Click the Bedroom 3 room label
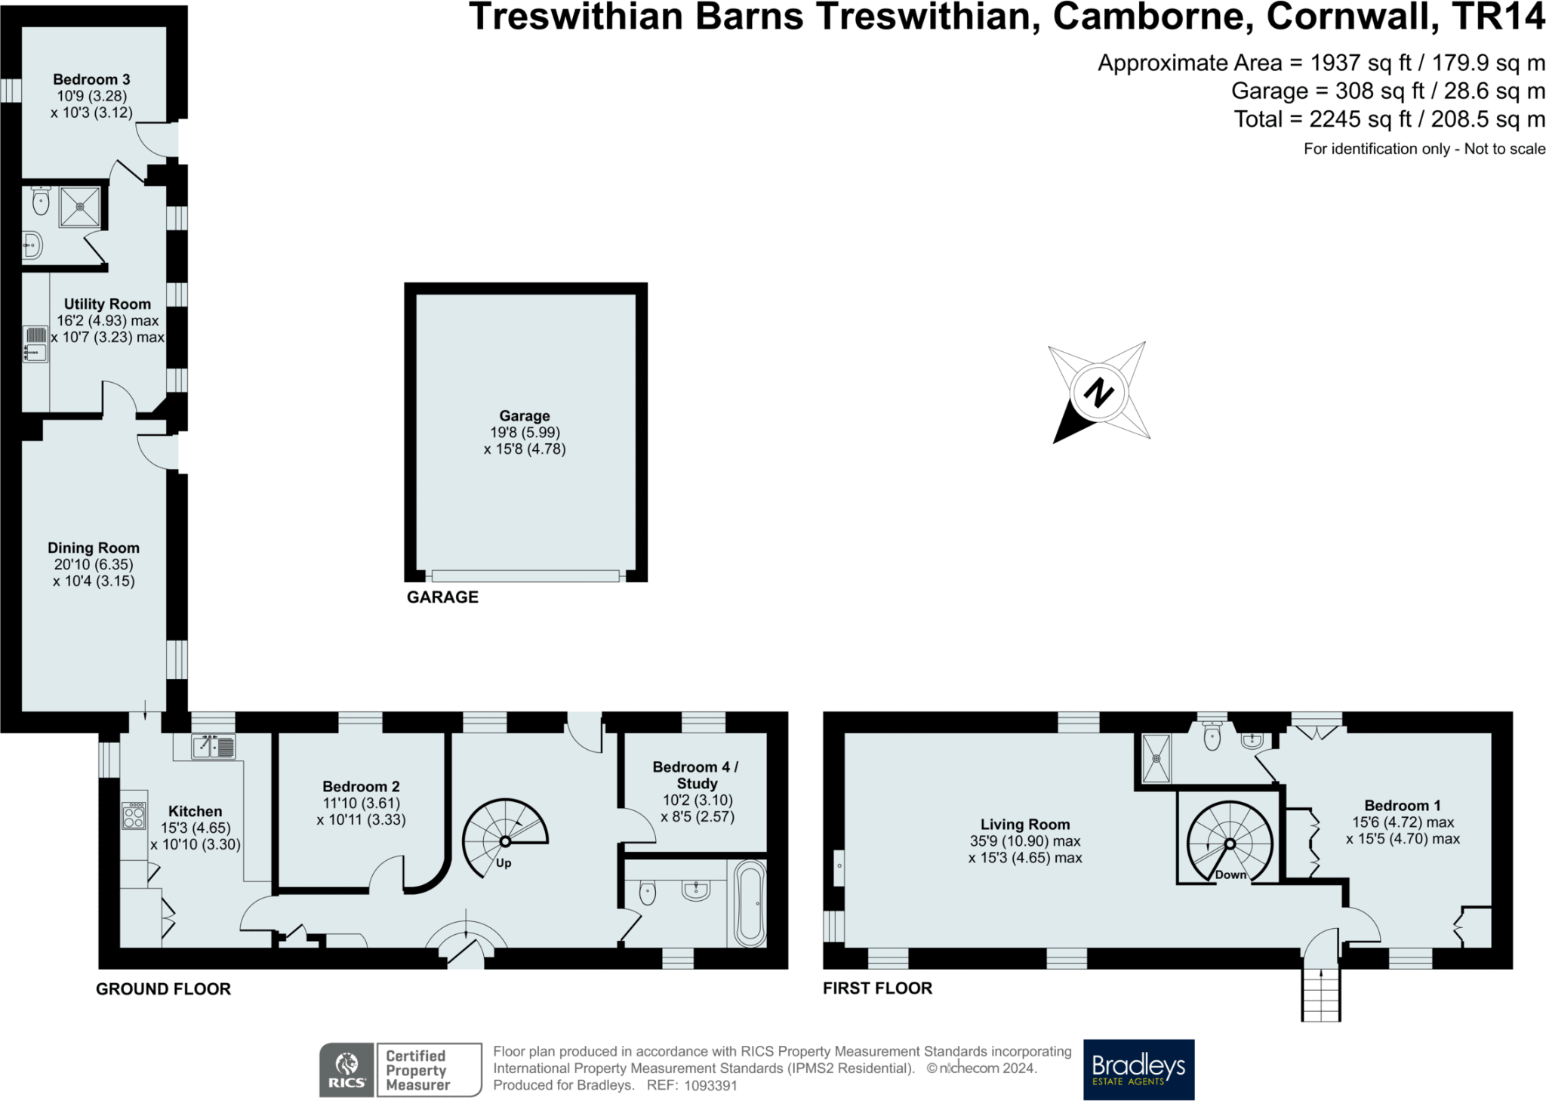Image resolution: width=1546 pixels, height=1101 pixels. [91, 79]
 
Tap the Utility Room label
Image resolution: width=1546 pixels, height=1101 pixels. [107, 304]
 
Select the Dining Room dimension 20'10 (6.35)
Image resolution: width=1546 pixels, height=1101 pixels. [93, 564]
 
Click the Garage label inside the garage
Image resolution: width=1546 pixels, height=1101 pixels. [524, 415]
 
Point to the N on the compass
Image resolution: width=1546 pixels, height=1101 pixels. [1098, 393]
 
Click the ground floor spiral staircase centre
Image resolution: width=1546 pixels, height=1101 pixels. [504, 841]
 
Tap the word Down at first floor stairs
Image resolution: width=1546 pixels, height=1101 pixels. [1230, 874]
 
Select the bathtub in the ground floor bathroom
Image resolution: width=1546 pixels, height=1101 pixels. [750, 904]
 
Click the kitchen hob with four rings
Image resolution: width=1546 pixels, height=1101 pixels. [134, 816]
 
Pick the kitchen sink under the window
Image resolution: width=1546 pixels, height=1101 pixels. [213, 747]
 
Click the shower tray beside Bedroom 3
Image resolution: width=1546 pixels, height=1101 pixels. [79, 206]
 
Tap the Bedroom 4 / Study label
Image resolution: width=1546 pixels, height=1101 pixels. [695, 775]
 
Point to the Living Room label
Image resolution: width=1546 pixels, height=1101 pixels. [1024, 825]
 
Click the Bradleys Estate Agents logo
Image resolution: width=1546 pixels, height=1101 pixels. [1138, 1069]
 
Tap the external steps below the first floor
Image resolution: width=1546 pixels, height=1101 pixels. [1320, 995]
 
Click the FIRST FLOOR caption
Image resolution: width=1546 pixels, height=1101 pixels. [877, 988]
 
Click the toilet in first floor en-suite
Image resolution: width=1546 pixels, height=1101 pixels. [1212, 737]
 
